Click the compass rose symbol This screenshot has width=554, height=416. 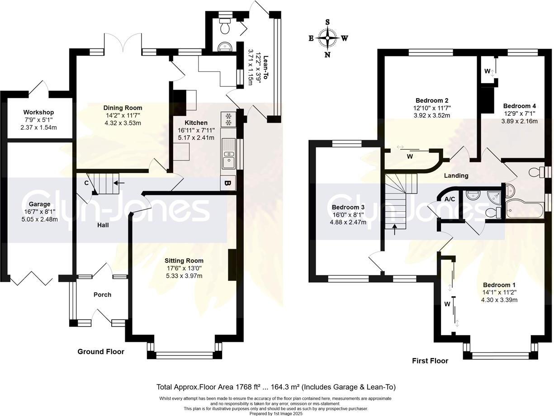(327, 38)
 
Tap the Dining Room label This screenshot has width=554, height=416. (123, 108)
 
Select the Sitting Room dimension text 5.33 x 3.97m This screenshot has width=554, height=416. (184, 276)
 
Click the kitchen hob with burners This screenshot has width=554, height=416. (228, 119)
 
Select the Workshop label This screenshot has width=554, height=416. (39, 112)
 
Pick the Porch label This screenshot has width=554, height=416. (102, 295)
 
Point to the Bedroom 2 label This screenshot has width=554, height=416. (432, 100)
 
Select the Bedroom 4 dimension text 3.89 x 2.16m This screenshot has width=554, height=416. (519, 121)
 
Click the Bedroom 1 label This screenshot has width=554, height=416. (499, 285)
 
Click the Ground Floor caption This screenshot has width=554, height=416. (101, 351)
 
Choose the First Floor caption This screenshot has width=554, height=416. (430, 361)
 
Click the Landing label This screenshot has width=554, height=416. (456, 175)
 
